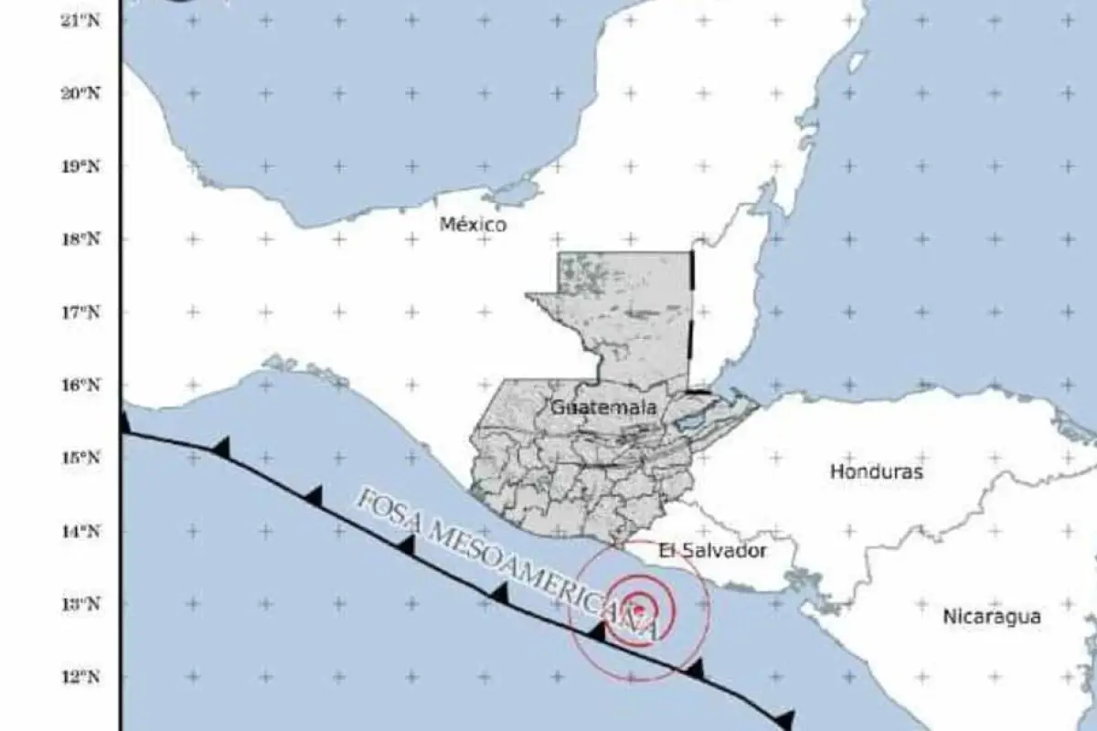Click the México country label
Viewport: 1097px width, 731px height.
pos(473,225)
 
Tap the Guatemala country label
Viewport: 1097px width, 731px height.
pos(603,408)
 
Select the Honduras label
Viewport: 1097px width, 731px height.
pos(877,472)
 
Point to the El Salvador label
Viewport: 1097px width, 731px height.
pos(712,551)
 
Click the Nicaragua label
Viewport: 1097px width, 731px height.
pos(992,617)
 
